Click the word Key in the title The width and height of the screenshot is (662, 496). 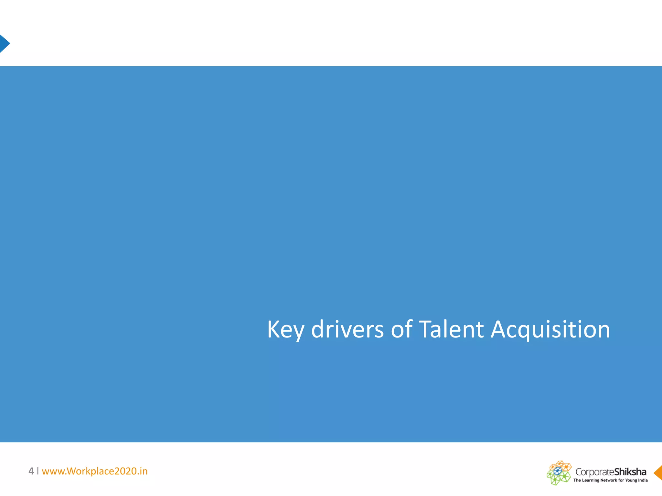point(285,330)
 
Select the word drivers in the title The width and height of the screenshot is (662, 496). point(347,330)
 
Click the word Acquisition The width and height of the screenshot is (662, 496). point(550,330)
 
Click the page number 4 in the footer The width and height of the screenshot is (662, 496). point(31,471)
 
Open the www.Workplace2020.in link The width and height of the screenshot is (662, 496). point(95,471)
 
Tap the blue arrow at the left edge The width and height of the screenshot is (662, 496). point(4,44)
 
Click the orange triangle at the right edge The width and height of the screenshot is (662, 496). point(658,473)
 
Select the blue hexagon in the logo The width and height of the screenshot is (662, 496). point(558,471)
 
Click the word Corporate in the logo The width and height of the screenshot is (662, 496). point(594,472)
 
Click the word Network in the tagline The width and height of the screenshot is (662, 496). point(609,480)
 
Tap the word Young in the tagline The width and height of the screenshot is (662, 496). point(631,480)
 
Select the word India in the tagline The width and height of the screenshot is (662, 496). point(643,480)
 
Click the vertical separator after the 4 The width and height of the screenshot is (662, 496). point(38,471)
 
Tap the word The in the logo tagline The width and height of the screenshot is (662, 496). point(577,480)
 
